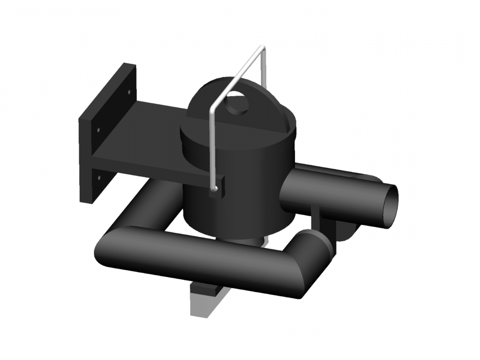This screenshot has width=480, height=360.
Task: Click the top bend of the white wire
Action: (x=262, y=48)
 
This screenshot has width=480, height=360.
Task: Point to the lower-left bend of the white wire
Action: (x=212, y=110)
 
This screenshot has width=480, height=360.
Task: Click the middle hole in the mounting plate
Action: (x=98, y=129)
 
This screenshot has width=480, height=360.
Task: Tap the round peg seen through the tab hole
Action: (x=238, y=104)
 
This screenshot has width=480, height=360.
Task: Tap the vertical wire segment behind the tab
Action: (x=264, y=67)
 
